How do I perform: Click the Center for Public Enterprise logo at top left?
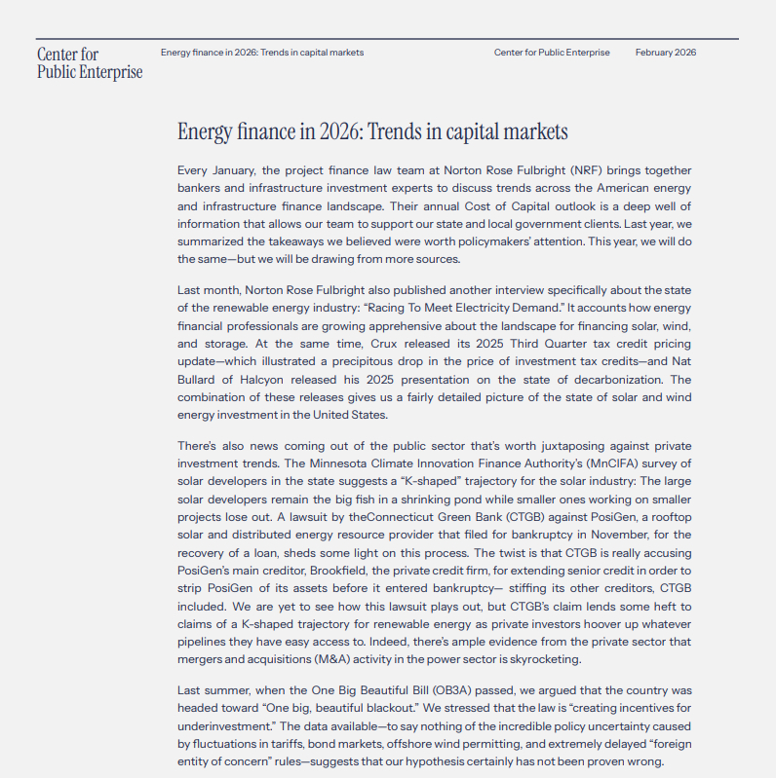coord(89,62)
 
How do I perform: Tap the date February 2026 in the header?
coord(666,53)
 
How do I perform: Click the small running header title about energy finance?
coord(262,53)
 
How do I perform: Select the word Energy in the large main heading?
coord(211,131)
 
